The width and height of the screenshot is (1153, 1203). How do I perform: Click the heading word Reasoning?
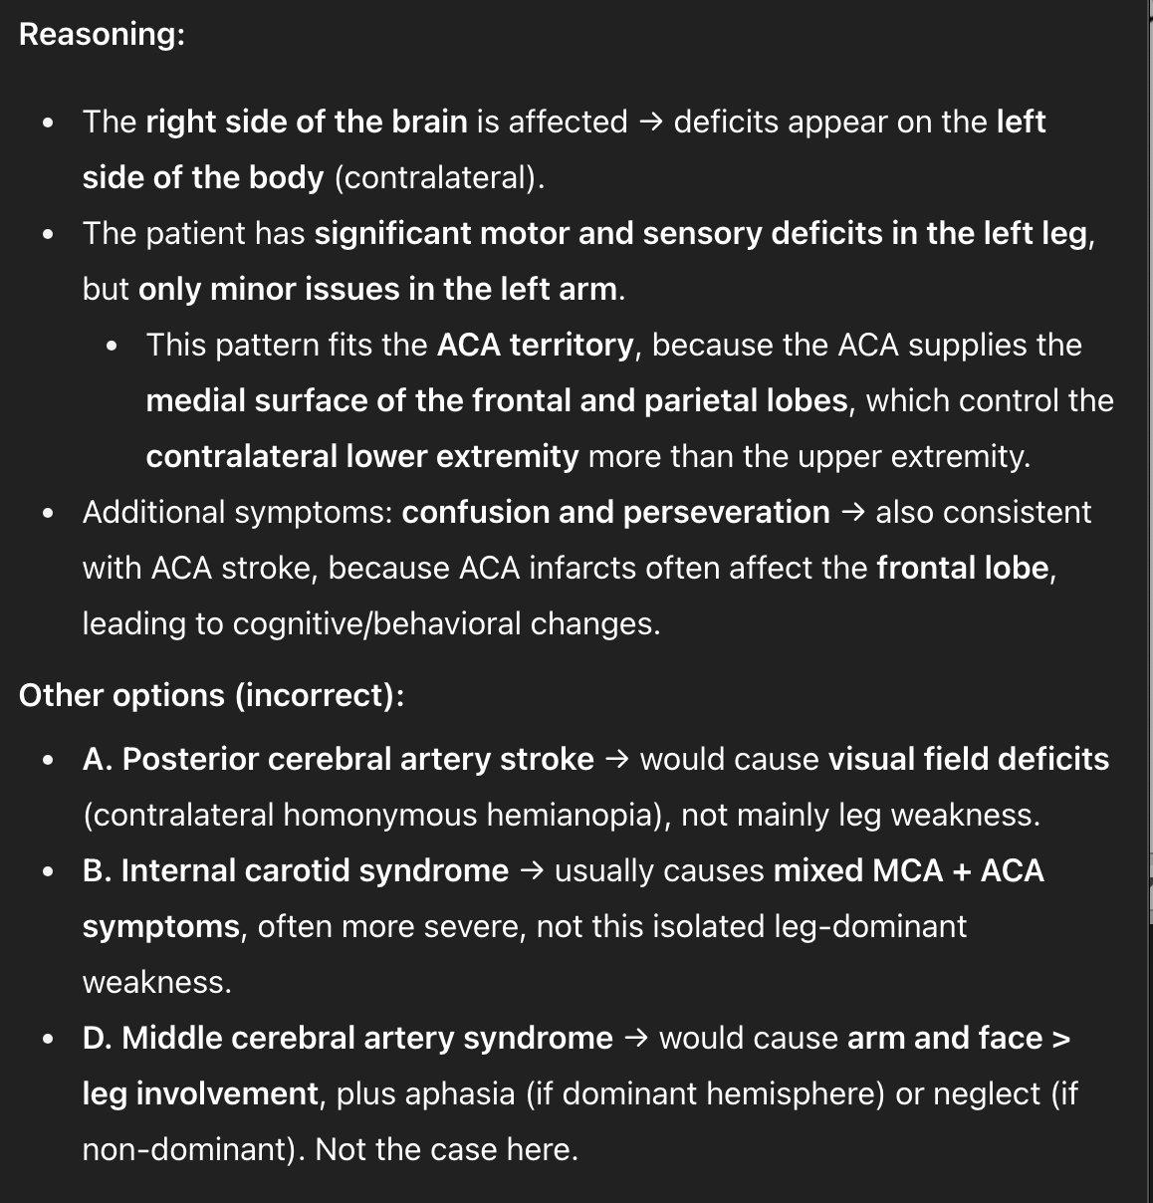click(x=101, y=34)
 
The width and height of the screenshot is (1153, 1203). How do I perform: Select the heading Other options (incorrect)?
click(x=211, y=695)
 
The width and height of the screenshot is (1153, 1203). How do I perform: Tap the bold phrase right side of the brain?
click(x=307, y=121)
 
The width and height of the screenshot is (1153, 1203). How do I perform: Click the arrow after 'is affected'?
click(x=650, y=121)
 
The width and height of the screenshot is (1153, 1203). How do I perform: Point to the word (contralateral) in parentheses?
click(x=438, y=177)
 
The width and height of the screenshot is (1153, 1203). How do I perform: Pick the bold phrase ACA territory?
click(x=535, y=345)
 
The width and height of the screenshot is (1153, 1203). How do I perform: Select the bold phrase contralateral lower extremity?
click(x=361, y=456)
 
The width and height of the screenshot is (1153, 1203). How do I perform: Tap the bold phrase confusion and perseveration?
click(x=615, y=512)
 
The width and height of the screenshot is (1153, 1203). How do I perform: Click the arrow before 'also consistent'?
click(x=852, y=512)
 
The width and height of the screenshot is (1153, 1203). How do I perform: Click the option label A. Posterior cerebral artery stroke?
click(x=339, y=759)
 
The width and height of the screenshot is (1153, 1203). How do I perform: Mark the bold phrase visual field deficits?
click(x=969, y=759)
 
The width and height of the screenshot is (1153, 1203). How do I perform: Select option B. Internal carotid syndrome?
click(x=296, y=870)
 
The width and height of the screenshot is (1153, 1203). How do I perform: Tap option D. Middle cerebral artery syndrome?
click(x=347, y=1038)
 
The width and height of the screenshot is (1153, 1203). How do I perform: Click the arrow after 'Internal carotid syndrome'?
click(x=532, y=870)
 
